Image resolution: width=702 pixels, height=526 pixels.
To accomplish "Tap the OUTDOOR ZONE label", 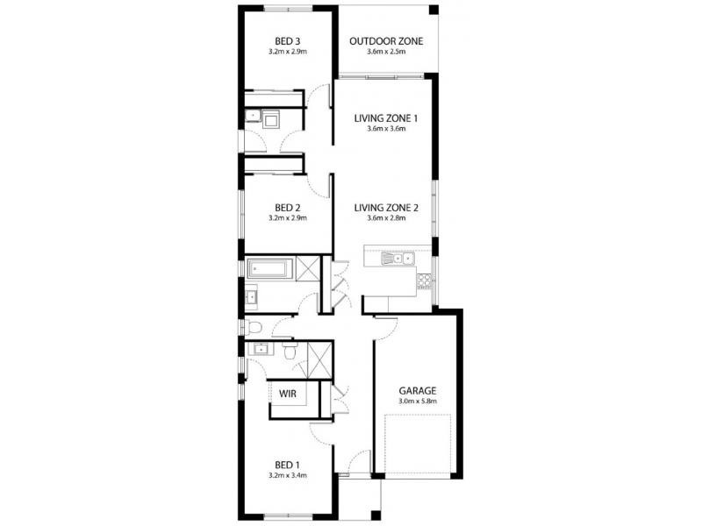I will [x=386, y=41].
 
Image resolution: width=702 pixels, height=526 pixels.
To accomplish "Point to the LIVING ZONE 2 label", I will [x=387, y=208].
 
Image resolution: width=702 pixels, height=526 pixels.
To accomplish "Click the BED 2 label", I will [x=287, y=208].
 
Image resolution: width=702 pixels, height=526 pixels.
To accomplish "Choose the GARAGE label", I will [x=417, y=391].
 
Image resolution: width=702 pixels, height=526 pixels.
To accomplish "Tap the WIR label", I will [x=288, y=394].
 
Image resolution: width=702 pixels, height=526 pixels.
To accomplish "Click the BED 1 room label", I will [x=287, y=465].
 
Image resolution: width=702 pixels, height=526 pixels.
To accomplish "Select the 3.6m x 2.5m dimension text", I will [x=386, y=51].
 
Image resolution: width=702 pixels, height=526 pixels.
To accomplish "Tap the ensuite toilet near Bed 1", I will [x=289, y=351].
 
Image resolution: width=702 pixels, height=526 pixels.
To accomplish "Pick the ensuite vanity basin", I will [x=259, y=350].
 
